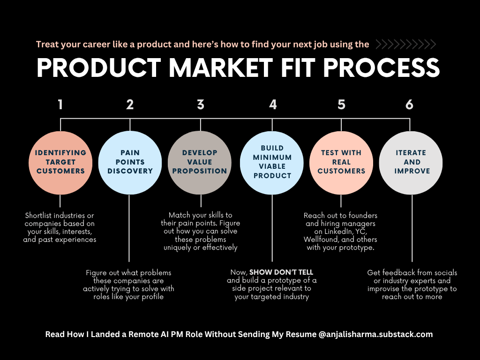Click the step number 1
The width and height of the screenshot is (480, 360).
[60, 105]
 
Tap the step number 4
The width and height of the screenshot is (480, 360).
[273, 105]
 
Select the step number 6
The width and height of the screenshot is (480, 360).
[410, 105]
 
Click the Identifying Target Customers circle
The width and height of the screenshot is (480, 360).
[61, 162]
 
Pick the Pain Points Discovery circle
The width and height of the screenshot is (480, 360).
[130, 162]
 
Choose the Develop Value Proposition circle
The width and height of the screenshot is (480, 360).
[200, 162]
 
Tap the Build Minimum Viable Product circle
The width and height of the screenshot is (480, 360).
[272, 162]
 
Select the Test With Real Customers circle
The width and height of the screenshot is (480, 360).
[341, 162]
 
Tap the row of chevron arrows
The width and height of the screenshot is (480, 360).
[406, 45]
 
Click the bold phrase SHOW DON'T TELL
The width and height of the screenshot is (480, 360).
[281, 272]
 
